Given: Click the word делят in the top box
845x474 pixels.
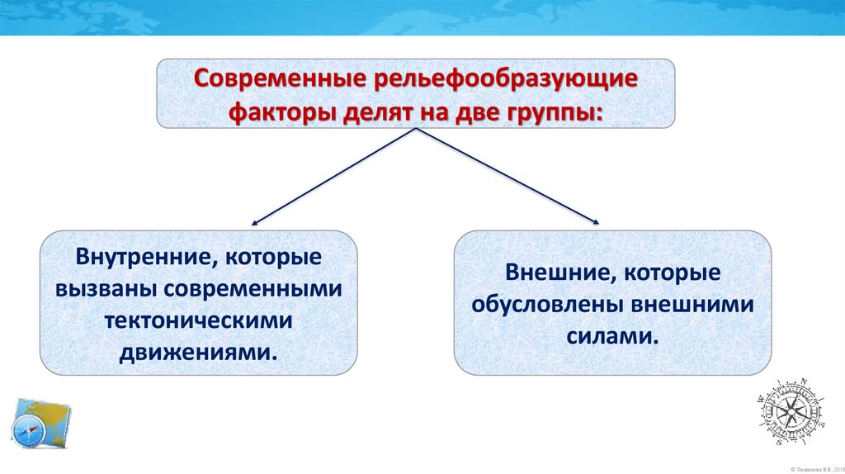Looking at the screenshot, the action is point(376,111).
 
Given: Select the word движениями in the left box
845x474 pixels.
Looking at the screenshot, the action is point(196,353).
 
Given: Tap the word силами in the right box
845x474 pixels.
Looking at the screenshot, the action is point(612,336).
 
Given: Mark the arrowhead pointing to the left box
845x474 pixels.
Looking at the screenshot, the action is point(254,223).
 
